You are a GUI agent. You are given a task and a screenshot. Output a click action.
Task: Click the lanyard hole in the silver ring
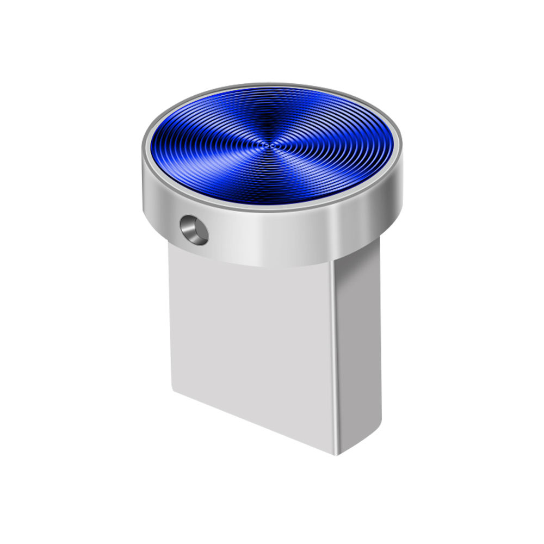click(195, 230)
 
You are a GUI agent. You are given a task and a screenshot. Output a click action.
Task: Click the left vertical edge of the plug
click(171, 326)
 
